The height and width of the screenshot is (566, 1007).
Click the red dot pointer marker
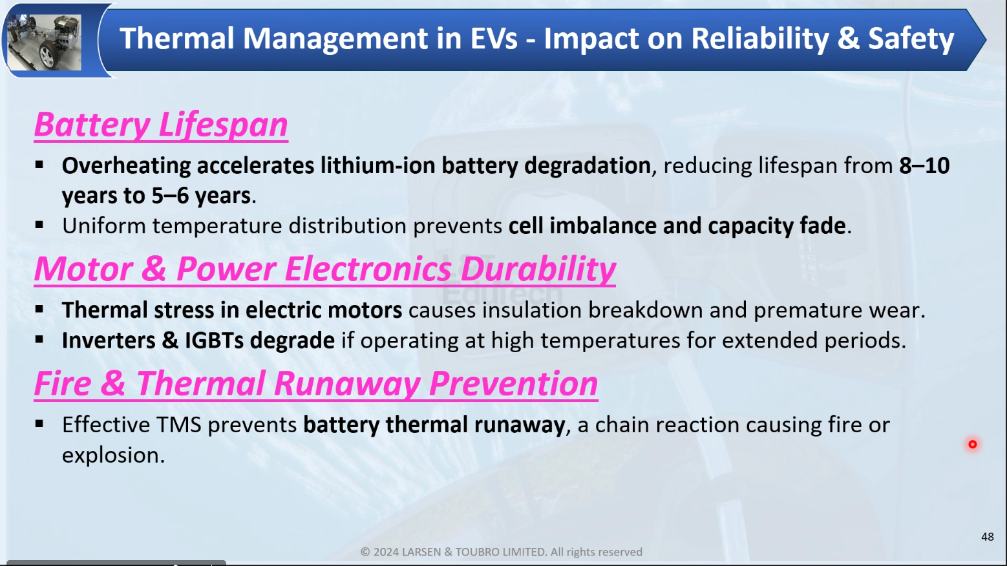(x=972, y=444)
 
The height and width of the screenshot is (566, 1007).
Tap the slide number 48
(x=987, y=537)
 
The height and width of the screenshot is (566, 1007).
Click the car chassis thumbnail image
(x=44, y=42)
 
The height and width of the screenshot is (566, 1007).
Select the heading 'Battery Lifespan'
(x=161, y=125)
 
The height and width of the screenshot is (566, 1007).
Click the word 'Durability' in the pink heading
(x=538, y=269)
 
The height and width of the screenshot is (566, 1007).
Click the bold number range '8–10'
(x=924, y=165)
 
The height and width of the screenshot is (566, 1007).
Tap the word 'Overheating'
(x=126, y=166)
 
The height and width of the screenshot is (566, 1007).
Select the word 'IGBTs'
(x=215, y=341)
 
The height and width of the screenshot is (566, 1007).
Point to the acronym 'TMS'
(x=178, y=425)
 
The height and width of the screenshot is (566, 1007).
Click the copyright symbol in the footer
(x=365, y=552)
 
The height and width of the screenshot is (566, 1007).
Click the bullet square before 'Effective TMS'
(x=39, y=423)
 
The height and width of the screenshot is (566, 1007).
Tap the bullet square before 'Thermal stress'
(x=39, y=309)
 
